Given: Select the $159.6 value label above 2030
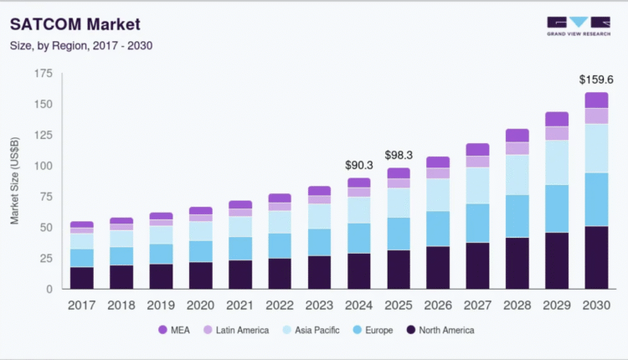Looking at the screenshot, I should tap(596, 80).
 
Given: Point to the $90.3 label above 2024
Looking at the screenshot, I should tap(358, 164).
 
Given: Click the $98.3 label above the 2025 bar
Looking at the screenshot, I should tap(398, 155).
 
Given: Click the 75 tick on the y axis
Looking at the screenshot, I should tap(47, 197).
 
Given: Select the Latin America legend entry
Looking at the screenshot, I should tap(236, 330).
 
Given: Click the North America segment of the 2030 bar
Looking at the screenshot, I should tap(596, 257).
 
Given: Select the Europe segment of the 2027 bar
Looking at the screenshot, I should tap(477, 223).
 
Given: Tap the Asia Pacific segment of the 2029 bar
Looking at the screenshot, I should tap(557, 162).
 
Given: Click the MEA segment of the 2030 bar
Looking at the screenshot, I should tap(596, 100).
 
